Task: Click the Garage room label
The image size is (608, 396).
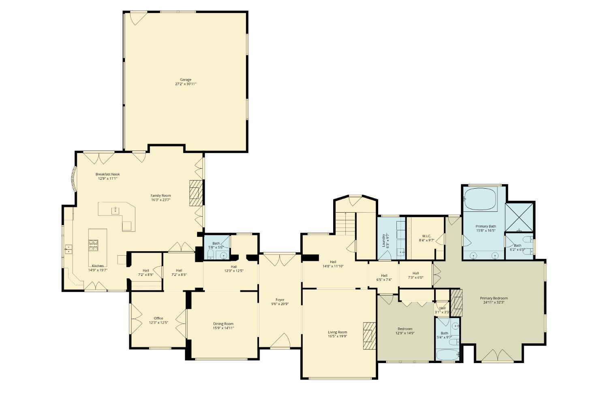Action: coord(186,80)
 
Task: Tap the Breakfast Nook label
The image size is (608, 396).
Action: coord(107,174)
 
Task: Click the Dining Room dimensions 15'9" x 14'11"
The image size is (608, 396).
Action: coord(223,328)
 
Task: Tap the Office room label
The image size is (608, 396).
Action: coord(158,319)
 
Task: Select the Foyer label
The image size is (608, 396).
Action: coord(280,300)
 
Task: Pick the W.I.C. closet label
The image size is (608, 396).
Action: coord(426,236)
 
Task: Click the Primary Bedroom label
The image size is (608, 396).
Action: coord(495,298)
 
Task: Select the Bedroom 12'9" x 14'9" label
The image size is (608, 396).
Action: coord(405,329)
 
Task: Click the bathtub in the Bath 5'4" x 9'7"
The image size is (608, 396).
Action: coord(447,354)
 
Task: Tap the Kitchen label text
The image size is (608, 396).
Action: coord(98,266)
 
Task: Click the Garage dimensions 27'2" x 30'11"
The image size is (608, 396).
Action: coord(186,84)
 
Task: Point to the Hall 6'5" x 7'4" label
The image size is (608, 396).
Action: coord(384,275)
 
